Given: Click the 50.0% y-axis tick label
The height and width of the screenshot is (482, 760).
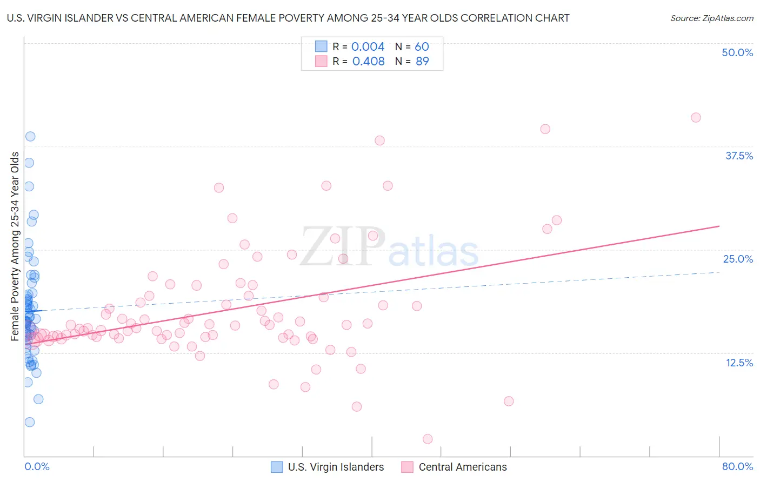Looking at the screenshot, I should coord(737,52).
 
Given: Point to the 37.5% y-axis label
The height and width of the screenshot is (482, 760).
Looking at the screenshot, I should coord(739,156).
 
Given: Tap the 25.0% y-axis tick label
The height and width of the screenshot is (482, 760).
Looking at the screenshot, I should coord(738,259).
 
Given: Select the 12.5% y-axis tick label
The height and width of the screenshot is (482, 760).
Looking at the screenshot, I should coord(739,363).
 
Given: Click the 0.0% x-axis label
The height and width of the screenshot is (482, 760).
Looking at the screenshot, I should coord(37,466).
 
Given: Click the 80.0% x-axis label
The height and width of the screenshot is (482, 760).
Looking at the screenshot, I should coord(737,466).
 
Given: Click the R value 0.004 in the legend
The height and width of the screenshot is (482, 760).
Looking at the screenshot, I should coord(368,46).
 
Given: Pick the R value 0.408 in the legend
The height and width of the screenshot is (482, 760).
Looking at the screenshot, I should coord(368,61).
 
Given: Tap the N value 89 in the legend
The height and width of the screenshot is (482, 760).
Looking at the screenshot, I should coord(422,61).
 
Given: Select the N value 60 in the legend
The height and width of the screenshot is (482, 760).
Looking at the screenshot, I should coord(422,46).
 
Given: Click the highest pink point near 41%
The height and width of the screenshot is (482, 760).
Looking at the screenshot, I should coord(696,117).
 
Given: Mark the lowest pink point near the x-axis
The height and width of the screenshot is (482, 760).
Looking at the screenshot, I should coord(428,439).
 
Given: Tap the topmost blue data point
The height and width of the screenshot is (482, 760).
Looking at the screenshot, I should coord(30,136).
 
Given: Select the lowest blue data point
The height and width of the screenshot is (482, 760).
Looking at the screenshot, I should coord(30,422).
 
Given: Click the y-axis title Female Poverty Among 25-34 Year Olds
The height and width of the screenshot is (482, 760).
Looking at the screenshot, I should coord(15,246).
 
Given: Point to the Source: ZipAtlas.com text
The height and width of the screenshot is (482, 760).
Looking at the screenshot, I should coord(711,18).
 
